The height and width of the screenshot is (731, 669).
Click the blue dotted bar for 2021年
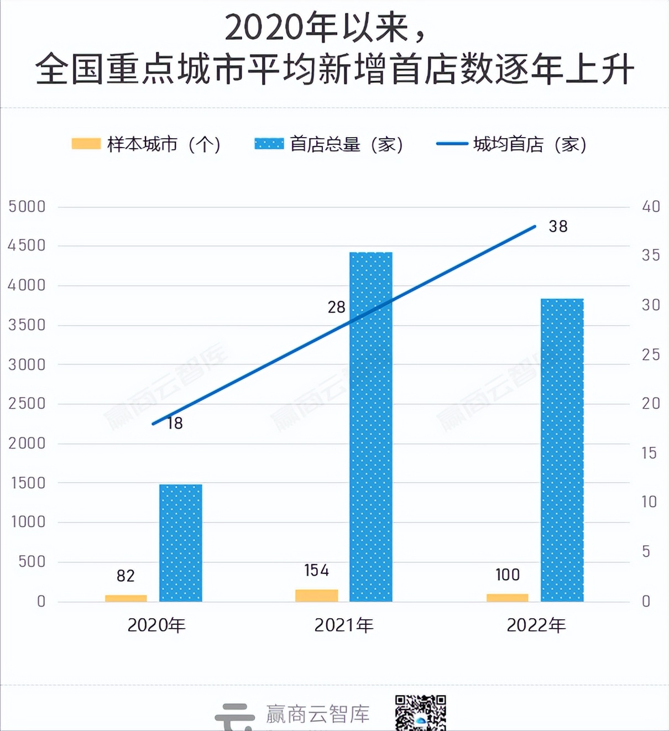(371, 426)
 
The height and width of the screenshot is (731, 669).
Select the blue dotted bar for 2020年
(181, 542)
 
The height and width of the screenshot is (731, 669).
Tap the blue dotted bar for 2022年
(562, 450)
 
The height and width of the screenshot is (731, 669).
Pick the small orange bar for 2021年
(317, 596)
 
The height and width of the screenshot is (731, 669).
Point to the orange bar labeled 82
(126, 598)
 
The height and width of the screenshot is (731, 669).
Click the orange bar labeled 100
(508, 598)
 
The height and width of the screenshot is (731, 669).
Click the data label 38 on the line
(558, 226)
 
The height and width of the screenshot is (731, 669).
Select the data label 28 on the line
(336, 307)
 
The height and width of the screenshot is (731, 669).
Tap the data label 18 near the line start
(175, 424)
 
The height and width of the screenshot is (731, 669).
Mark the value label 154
(316, 570)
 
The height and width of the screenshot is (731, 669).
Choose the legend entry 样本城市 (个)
(147, 144)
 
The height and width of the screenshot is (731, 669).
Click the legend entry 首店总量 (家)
(329, 144)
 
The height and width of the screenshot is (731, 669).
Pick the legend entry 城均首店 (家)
(511, 144)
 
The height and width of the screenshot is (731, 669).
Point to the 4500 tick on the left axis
(27, 246)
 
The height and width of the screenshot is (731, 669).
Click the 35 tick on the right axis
(651, 255)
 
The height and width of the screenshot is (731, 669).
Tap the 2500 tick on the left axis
(27, 404)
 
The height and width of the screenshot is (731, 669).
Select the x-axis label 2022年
(536, 625)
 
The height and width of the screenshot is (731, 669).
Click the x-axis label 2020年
(156, 625)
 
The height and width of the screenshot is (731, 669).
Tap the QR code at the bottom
(420, 713)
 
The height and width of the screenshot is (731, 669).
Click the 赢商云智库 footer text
(317, 714)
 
